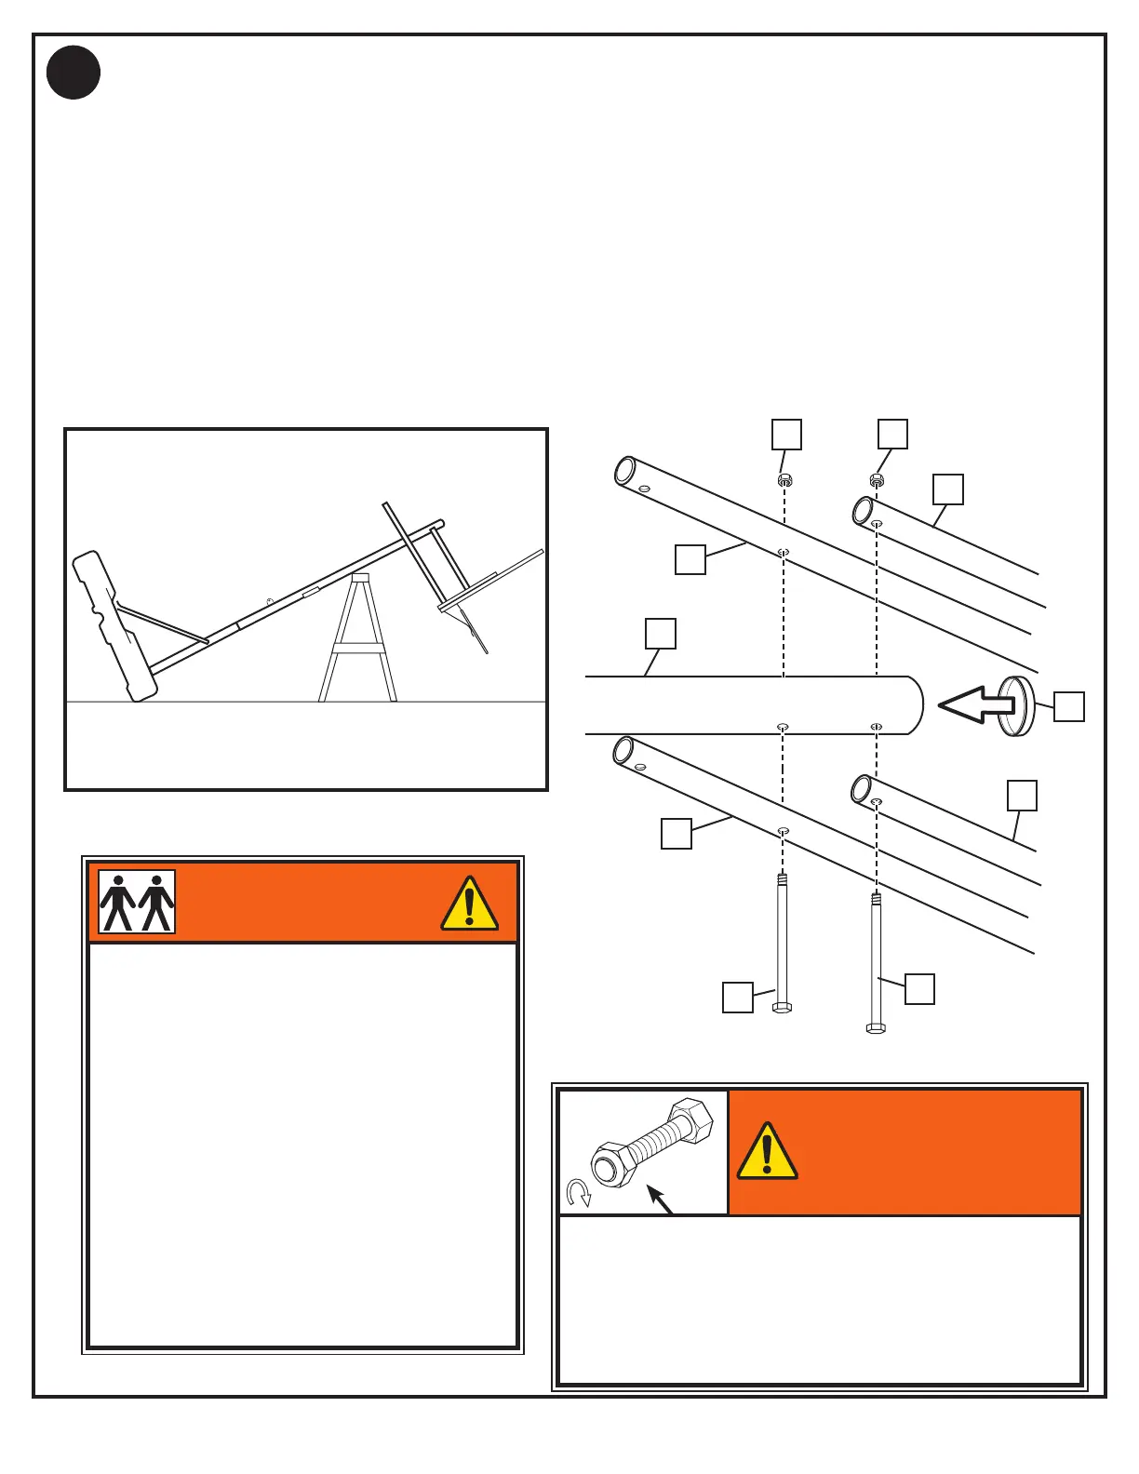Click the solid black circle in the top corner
74,73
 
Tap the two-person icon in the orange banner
137,902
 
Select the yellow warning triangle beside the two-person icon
469,904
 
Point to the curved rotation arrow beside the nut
578,1193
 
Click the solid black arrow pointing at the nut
659,1199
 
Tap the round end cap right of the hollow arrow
1017,706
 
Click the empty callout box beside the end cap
1069,706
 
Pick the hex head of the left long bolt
782,1007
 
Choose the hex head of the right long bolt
876,1028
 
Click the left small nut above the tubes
784,480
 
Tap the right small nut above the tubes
876,480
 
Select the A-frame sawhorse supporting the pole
358,640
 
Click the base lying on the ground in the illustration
115,624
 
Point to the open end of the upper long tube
624,470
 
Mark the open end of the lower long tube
623,750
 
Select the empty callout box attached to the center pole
661,634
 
